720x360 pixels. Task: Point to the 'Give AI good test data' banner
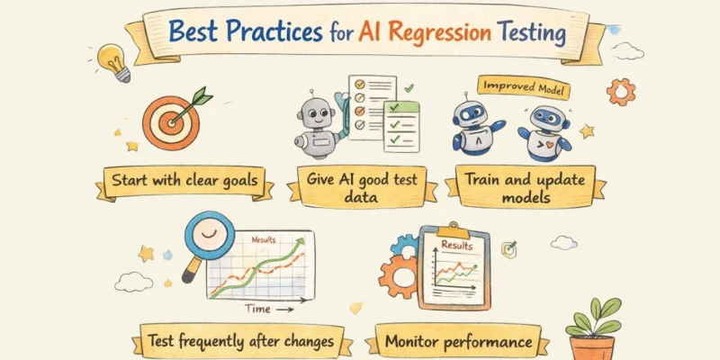[x=363, y=188]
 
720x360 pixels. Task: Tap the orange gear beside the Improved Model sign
[x=620, y=92]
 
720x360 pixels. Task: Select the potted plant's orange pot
[x=592, y=347]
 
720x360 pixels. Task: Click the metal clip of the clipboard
[x=454, y=229]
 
